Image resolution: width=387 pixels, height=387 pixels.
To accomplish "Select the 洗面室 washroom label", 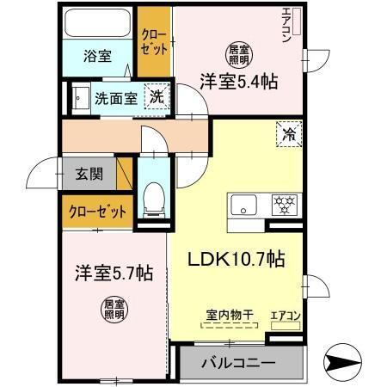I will click(x=116, y=97).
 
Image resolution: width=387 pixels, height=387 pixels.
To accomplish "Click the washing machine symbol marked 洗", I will click(x=155, y=96).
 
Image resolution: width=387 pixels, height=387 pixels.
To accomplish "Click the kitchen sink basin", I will click(x=243, y=206).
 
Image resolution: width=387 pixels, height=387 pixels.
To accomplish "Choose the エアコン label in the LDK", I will click(x=285, y=315).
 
